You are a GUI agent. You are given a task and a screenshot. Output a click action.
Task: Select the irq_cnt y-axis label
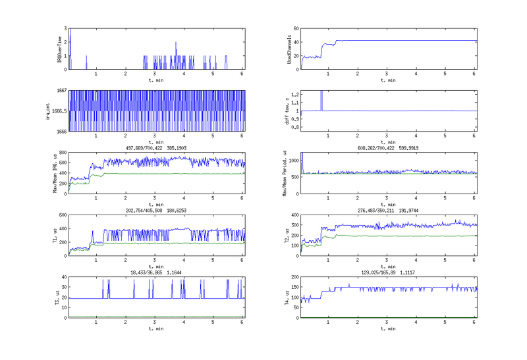coord(49,111)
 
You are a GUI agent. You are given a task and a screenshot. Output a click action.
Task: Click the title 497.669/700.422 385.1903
coord(155,149)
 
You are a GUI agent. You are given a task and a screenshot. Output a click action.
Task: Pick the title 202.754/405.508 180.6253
coord(155,210)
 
